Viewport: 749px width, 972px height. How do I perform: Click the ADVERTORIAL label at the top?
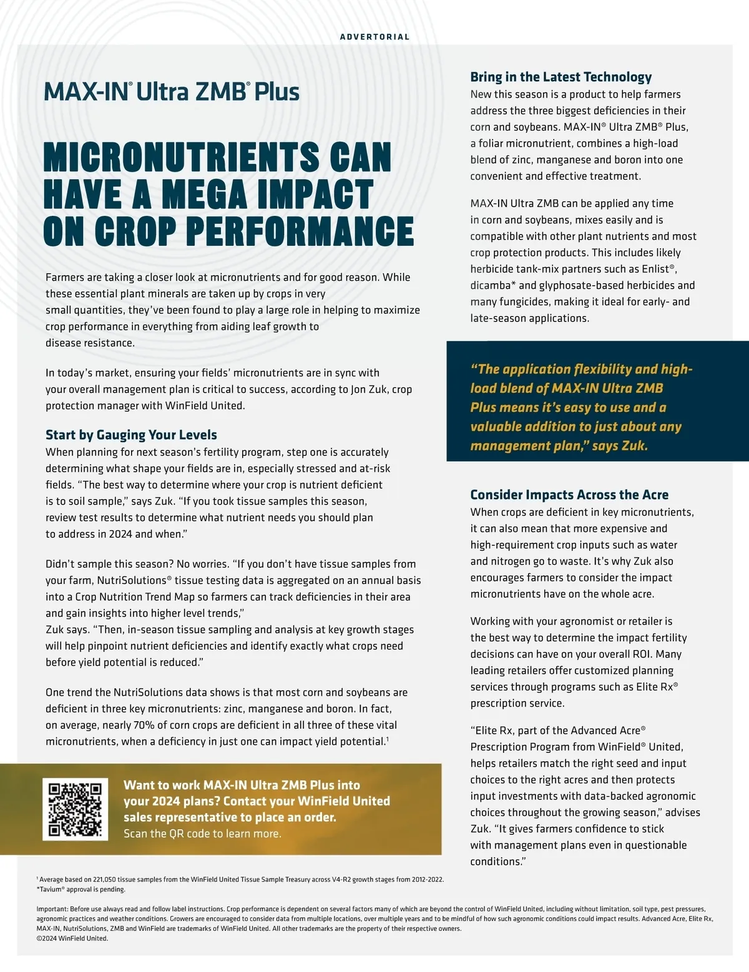click(374, 37)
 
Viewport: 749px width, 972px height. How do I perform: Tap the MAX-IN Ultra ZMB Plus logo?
click(172, 92)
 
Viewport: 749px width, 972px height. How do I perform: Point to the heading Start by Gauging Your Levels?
click(131, 435)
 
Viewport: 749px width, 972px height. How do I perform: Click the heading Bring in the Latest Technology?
click(561, 77)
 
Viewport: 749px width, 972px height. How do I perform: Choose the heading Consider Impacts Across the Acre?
click(569, 495)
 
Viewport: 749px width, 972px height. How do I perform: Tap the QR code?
click(75, 809)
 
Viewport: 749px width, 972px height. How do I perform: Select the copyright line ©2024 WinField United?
click(72, 938)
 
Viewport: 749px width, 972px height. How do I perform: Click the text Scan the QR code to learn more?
click(202, 833)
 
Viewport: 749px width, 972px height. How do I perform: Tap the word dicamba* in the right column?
click(494, 285)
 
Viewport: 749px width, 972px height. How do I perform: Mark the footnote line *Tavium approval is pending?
click(81, 890)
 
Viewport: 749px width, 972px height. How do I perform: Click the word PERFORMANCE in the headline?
click(300, 231)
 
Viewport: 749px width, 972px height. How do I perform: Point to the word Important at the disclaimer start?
click(52, 909)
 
